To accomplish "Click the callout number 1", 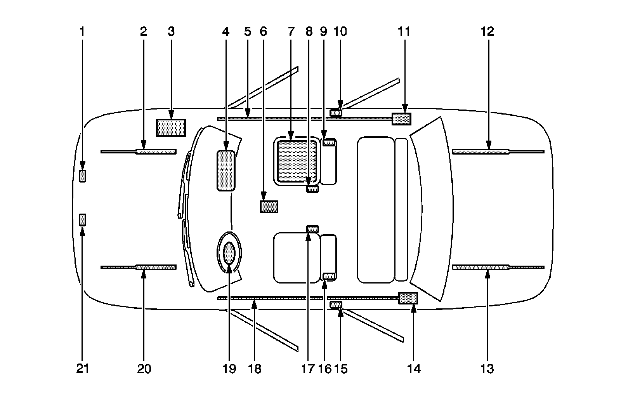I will pyautogui.click(x=82, y=31).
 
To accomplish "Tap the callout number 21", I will pyautogui.click(x=82, y=368).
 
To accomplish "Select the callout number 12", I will pyautogui.click(x=487, y=31).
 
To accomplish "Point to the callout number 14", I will pyautogui.click(x=414, y=368).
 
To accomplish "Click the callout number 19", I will pyautogui.click(x=229, y=368).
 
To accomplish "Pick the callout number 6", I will pyautogui.click(x=264, y=31).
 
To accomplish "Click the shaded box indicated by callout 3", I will pyautogui.click(x=171, y=128).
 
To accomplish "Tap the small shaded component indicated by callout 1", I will pyautogui.click(x=82, y=176).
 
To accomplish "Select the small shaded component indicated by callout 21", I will pyautogui.click(x=82, y=220).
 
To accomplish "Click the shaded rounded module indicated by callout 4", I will pyautogui.click(x=226, y=170).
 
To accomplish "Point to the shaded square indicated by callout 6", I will pyautogui.click(x=269, y=207).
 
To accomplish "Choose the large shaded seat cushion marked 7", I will pyautogui.click(x=297, y=161).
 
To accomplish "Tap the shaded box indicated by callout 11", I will pyautogui.click(x=401, y=119).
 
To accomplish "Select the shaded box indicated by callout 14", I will pyautogui.click(x=408, y=298).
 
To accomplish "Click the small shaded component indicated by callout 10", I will pyautogui.click(x=336, y=113).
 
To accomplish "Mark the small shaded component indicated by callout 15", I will pyautogui.click(x=336, y=304).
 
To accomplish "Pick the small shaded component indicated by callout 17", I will pyautogui.click(x=312, y=228).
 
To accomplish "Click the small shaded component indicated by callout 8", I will pyautogui.click(x=312, y=189).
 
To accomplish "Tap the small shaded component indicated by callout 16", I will pyautogui.click(x=329, y=276).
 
